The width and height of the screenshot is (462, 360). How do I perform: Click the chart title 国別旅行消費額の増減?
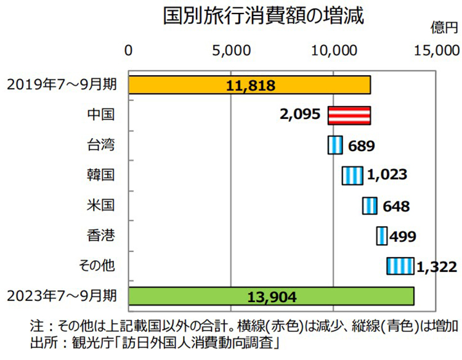pos(263,15)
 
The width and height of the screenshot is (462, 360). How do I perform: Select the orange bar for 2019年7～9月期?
pos(249,85)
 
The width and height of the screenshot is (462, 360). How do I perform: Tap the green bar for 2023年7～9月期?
pos(272,297)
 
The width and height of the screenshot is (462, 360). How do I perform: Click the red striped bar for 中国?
pos(349,115)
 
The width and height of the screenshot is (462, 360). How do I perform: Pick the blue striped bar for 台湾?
pos(335,145)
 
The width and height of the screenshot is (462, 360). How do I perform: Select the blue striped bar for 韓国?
pos(352,175)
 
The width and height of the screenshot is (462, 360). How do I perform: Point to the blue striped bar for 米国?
pos(370,205)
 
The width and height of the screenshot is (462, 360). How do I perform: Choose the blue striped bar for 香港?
pos(382,235)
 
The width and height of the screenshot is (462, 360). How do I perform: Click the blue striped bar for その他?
pos(400,266)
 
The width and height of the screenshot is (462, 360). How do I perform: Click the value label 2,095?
pos(300,115)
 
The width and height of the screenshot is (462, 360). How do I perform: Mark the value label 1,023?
pos(387,175)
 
